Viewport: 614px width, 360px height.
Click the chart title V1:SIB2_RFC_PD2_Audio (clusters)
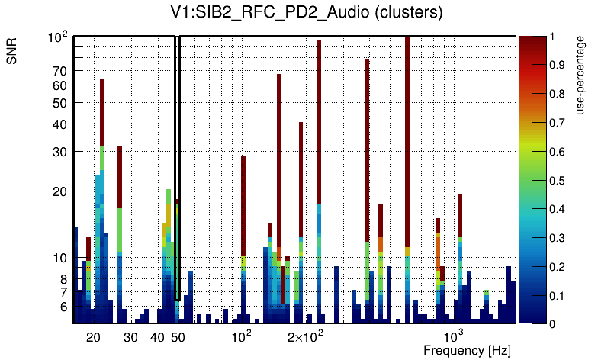coord(307,13)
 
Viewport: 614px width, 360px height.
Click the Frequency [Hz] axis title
coord(467,350)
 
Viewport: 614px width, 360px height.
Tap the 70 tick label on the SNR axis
coord(60,71)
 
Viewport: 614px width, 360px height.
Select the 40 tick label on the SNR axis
coord(60,124)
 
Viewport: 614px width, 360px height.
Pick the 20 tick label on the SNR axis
coord(60,191)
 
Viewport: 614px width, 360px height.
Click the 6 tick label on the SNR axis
coord(64,307)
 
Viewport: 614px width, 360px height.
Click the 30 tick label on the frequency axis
coord(130,337)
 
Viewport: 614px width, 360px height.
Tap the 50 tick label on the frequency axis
coord(178,337)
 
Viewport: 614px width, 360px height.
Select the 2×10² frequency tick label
coord(305,336)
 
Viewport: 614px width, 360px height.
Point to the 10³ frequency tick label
coord(453,336)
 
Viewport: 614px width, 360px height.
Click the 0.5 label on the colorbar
coord(557,180)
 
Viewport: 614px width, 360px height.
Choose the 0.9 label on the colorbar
coord(557,65)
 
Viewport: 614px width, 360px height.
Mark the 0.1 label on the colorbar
coord(557,295)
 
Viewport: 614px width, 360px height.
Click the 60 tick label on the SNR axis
coord(60,85)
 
